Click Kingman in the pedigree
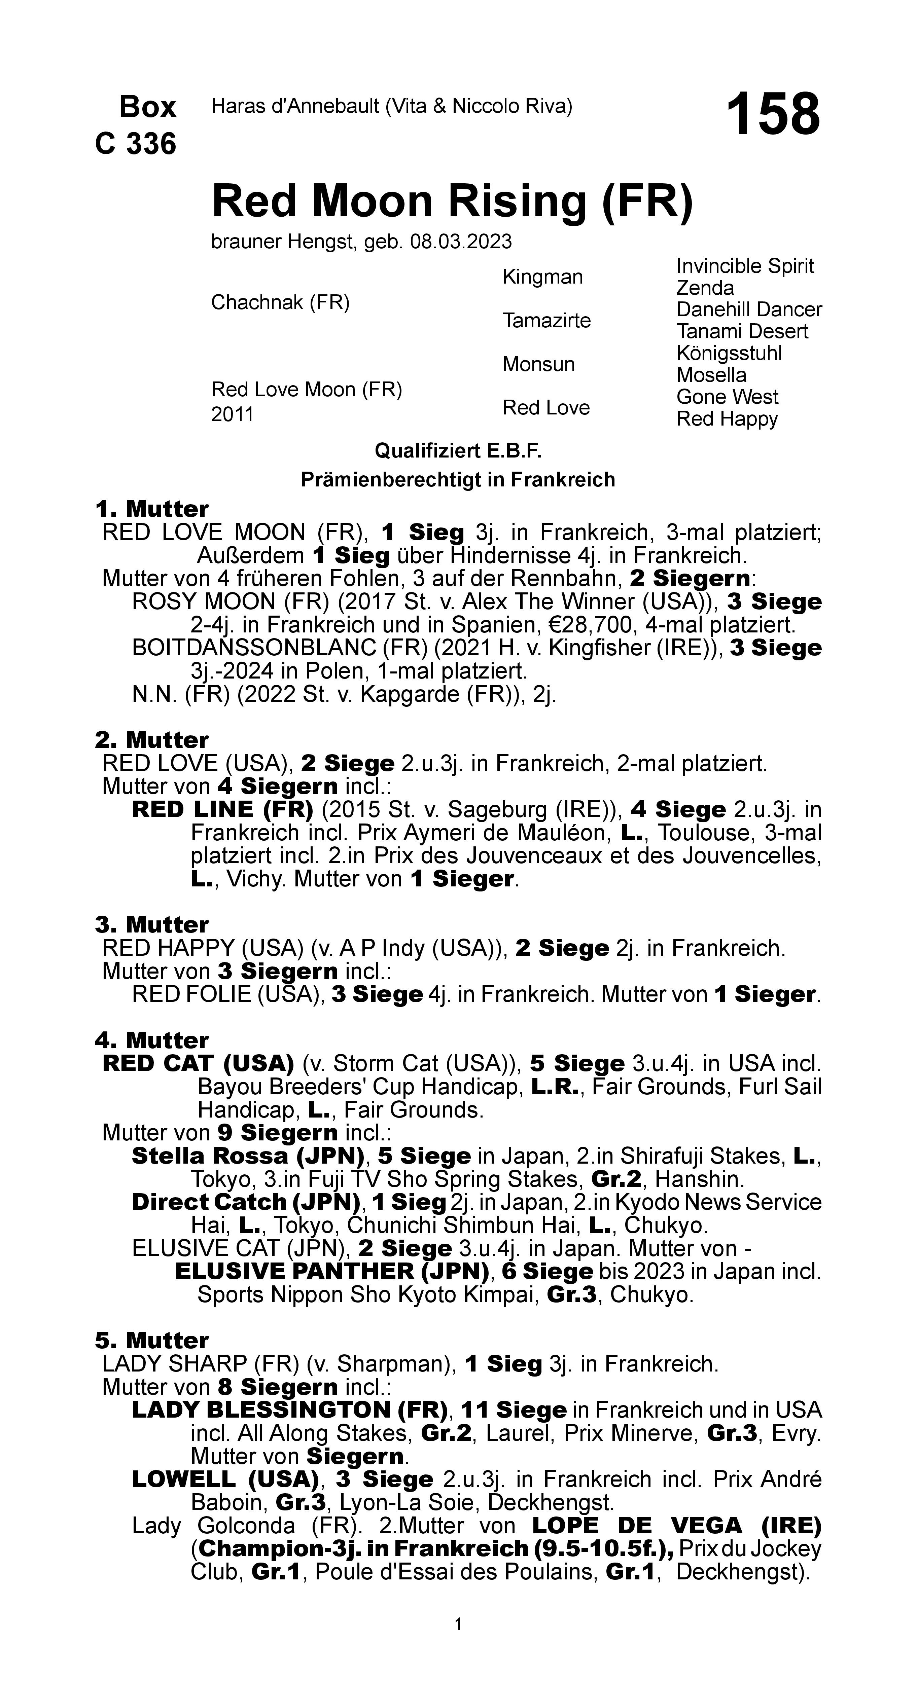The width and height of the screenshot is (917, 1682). coord(542,277)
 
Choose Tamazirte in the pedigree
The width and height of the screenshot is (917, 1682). coord(546,321)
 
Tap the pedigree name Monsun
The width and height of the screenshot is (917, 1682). coord(538,364)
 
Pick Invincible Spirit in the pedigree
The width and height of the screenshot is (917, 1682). coord(745,266)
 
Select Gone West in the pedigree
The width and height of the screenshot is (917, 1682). coord(727,397)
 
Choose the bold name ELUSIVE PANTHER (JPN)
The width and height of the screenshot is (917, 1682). coord(332,1271)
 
